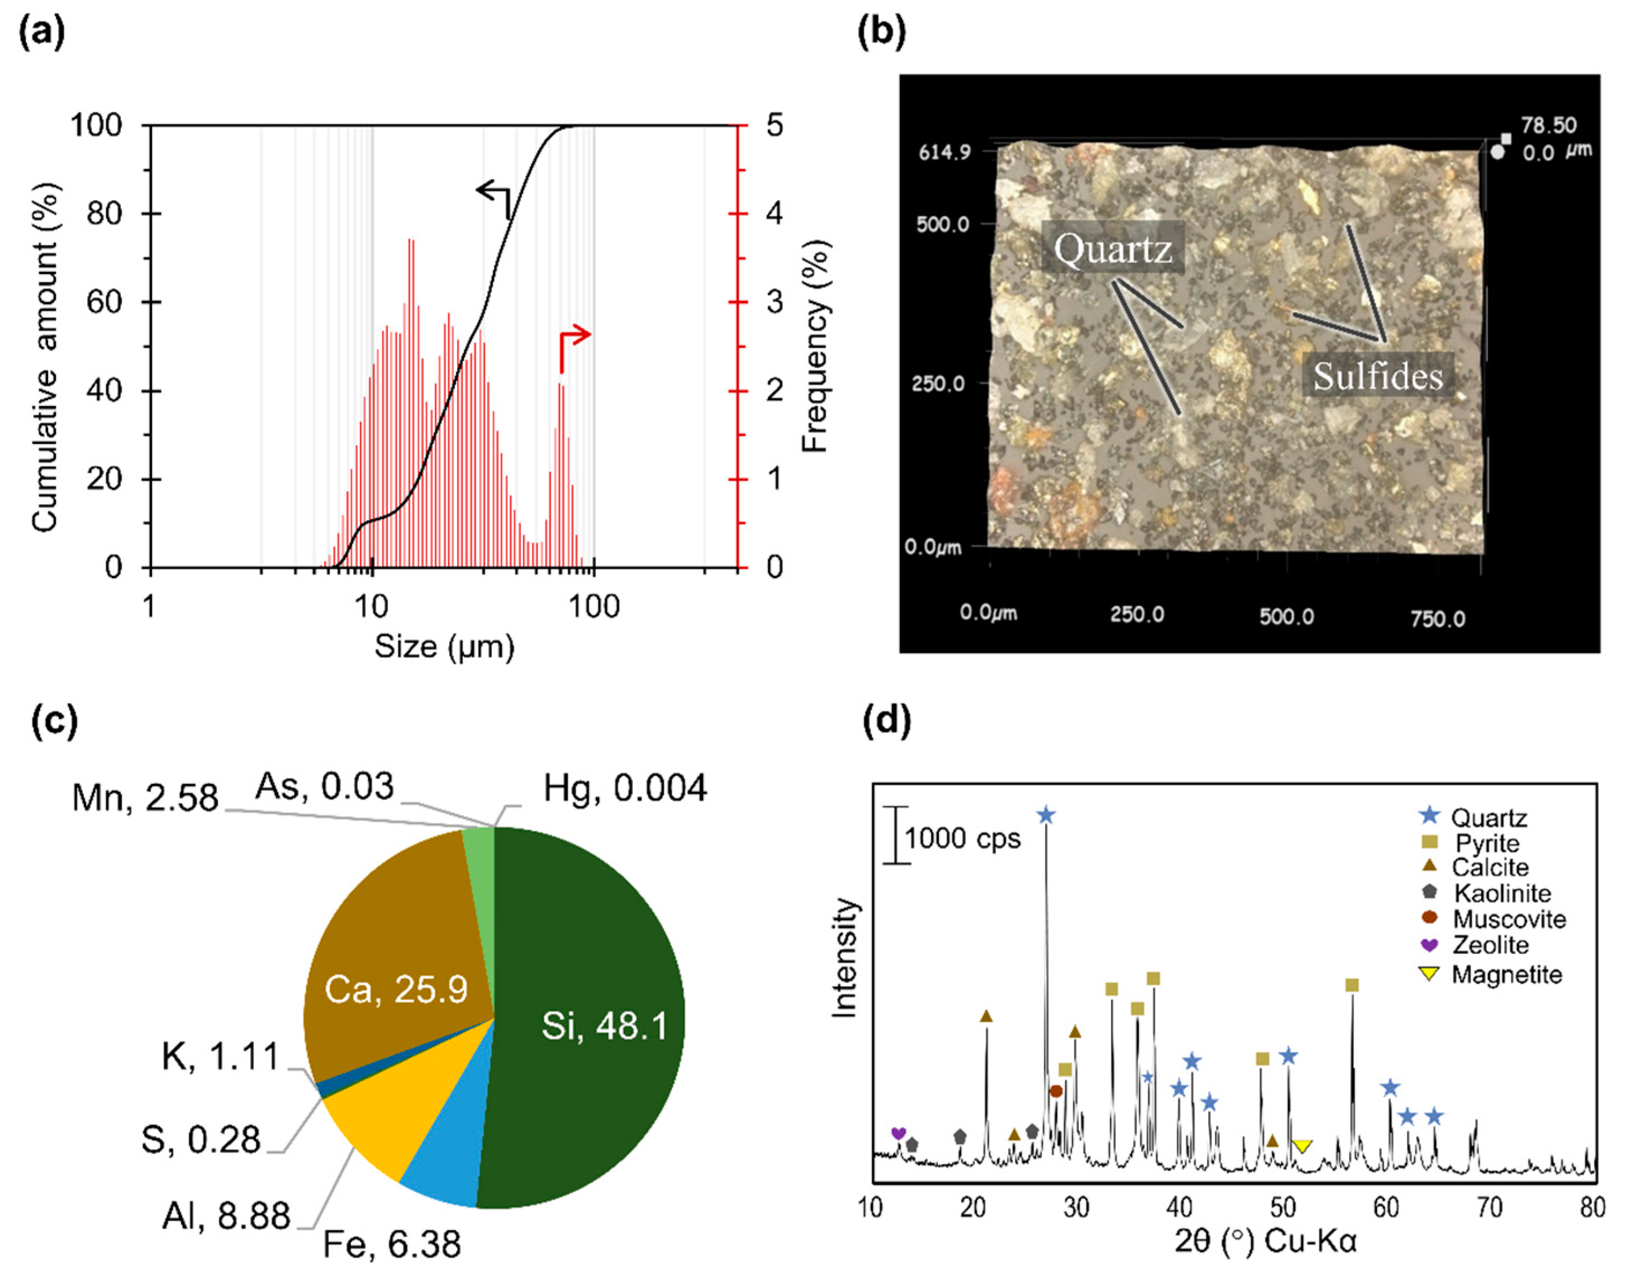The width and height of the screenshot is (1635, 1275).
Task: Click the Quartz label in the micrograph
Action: (x=1113, y=248)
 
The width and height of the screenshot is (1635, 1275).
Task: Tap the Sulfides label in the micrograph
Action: (x=1378, y=375)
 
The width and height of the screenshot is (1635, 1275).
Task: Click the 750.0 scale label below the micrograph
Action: (x=1437, y=618)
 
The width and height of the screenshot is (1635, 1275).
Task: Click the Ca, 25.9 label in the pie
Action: (x=396, y=989)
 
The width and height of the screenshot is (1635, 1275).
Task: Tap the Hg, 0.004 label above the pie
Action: (x=624, y=788)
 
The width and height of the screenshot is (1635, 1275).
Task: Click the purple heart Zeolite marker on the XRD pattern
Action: (x=899, y=1133)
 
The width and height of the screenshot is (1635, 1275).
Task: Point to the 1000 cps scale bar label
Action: (x=962, y=838)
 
